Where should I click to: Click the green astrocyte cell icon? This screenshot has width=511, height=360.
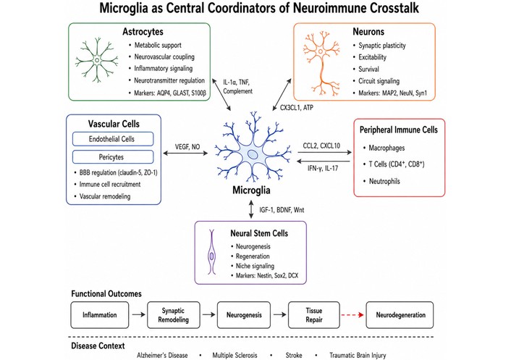(97, 60)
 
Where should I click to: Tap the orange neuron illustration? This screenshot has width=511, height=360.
(321, 64)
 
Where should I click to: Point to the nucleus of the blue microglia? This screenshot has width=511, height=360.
(252, 154)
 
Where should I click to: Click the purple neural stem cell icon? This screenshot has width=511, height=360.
(212, 252)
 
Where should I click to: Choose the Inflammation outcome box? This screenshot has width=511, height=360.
(100, 315)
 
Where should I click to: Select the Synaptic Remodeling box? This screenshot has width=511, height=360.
(174, 315)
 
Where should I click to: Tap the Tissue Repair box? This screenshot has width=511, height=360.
(314, 315)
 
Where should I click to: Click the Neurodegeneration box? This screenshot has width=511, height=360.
(400, 315)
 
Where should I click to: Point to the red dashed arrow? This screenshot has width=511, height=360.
(352, 315)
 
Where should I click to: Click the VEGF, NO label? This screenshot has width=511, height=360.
(187, 147)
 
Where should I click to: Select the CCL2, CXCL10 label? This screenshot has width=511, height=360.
(321, 146)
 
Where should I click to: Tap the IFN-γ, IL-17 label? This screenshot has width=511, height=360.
(323, 168)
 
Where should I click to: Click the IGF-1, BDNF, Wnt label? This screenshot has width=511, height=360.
(282, 210)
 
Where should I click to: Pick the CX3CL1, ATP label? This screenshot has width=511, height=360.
(297, 108)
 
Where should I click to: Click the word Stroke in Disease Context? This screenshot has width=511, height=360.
(294, 355)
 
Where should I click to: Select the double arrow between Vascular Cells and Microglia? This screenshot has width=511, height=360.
(185, 153)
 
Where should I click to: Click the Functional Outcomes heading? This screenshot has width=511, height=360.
(106, 294)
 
